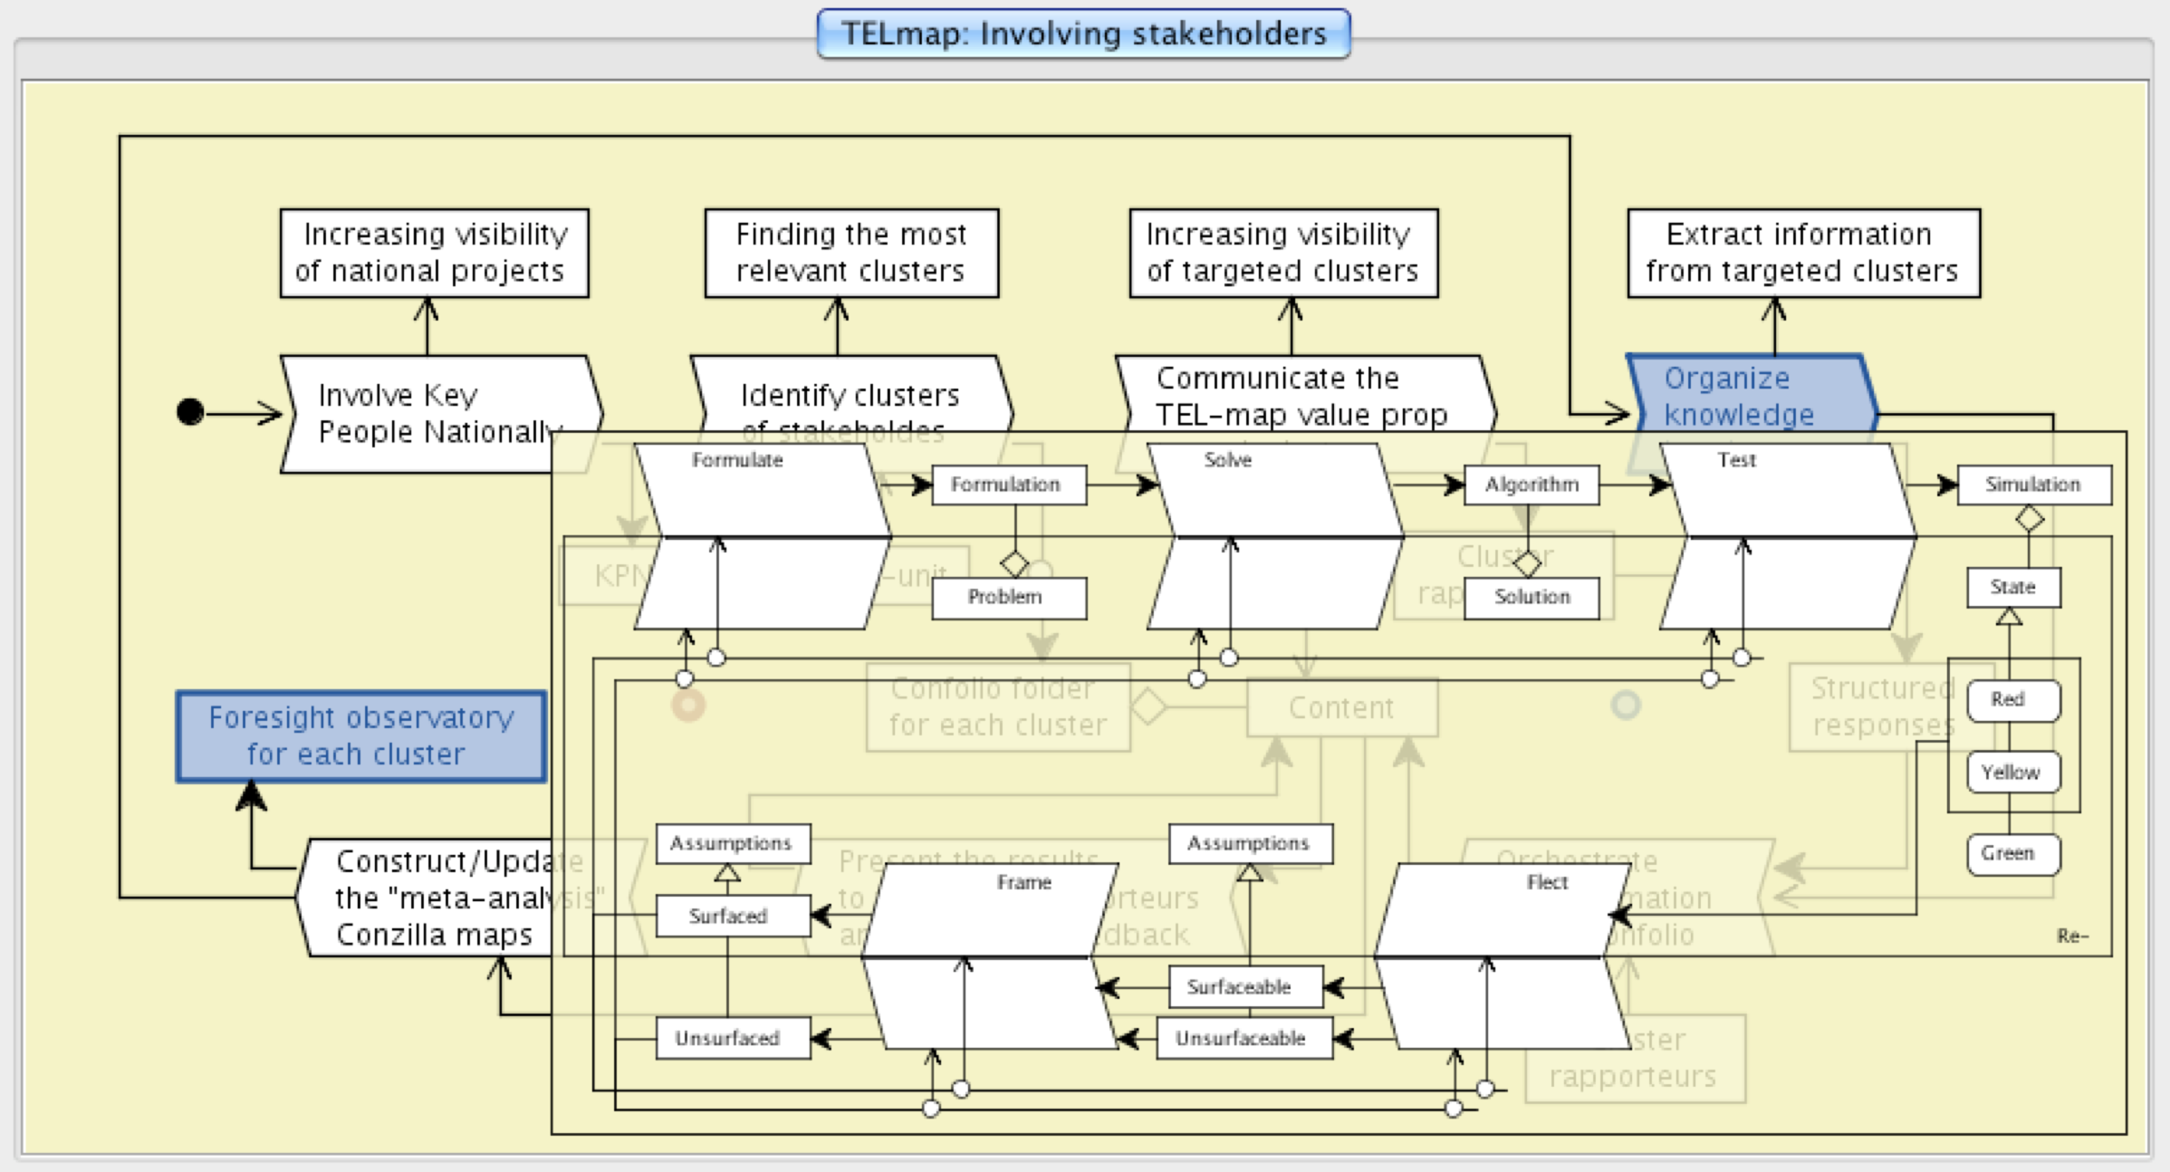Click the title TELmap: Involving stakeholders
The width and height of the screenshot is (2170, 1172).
[1083, 34]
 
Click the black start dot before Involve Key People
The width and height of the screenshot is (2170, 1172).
[190, 412]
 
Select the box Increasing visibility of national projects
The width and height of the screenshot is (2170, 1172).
[434, 253]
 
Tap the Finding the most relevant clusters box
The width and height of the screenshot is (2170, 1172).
[851, 253]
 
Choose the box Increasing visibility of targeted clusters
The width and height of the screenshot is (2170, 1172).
[1282, 253]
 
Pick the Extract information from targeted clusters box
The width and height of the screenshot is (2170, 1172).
[1802, 253]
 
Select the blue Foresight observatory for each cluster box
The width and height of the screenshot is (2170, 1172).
[360, 735]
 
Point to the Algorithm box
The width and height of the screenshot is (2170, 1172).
[1531, 485]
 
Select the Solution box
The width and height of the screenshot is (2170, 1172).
[1531, 598]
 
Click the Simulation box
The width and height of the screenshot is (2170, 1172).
[2033, 485]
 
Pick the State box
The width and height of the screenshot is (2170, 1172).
[2012, 588]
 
